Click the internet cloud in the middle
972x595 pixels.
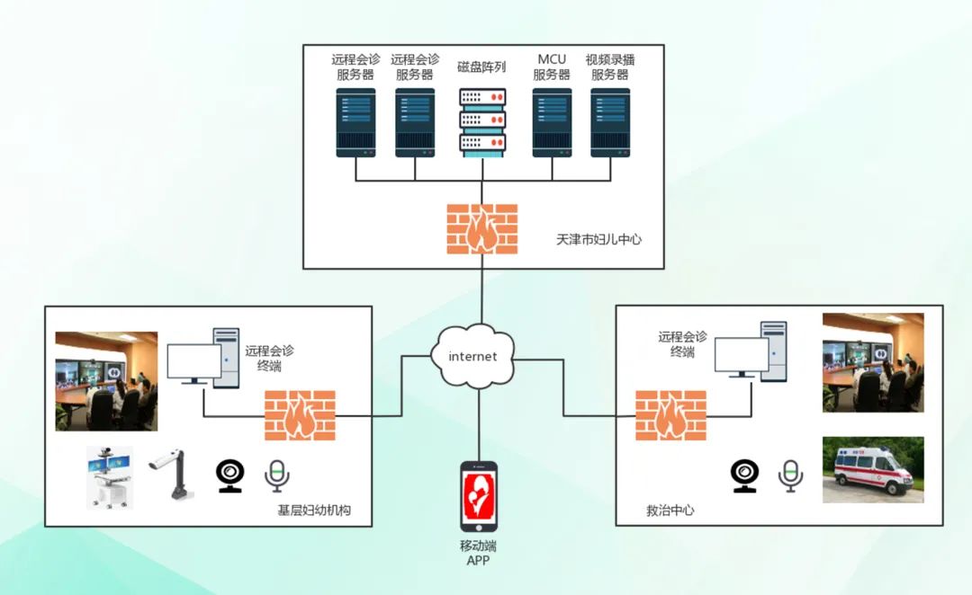point(472,356)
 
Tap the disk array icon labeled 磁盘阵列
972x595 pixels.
point(482,122)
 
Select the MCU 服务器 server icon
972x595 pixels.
point(552,122)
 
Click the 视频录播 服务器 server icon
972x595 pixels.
point(609,122)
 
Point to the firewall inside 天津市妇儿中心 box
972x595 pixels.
point(482,228)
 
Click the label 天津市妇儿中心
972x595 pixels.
point(598,240)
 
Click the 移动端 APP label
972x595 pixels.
point(478,553)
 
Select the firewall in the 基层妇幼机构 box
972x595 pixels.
point(300,415)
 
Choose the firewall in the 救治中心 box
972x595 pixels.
point(670,415)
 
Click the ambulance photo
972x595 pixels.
point(873,469)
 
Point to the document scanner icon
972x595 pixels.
point(172,475)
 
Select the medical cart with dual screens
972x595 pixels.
point(109,477)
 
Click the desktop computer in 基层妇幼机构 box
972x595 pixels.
point(203,357)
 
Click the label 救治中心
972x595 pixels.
point(670,510)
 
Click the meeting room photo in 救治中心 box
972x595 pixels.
point(873,362)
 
